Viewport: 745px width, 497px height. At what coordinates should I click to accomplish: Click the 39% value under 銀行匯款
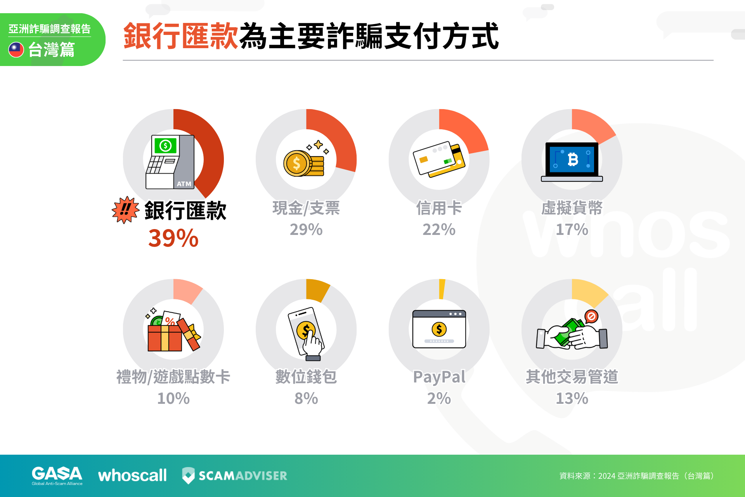pos(173,238)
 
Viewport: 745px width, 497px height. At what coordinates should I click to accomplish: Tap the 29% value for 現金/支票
pos(306,229)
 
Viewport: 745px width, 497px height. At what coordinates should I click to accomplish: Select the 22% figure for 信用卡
pos(439,229)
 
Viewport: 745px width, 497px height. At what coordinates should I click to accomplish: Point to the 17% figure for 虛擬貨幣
pos(572,229)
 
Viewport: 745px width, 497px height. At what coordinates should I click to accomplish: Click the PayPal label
pos(439,377)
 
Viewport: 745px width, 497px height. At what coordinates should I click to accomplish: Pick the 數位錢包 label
pos(306,377)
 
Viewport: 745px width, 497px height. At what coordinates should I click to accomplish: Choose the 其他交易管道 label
pos(572,377)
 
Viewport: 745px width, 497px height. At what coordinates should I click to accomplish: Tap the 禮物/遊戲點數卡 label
pos(173,377)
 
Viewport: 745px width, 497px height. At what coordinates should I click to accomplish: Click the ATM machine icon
pos(170,162)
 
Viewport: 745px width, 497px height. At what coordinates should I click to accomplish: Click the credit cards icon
pos(439,159)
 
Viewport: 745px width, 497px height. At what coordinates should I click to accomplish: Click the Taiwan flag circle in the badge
pos(16,50)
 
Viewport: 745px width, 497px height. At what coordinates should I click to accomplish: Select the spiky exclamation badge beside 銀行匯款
pos(125,210)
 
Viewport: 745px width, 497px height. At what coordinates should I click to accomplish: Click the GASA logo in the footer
pos(57,476)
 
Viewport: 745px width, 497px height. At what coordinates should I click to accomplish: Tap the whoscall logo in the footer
pos(132,476)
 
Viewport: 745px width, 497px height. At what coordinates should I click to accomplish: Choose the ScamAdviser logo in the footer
pos(235,476)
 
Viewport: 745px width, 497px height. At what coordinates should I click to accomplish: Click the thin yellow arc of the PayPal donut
pos(442,289)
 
